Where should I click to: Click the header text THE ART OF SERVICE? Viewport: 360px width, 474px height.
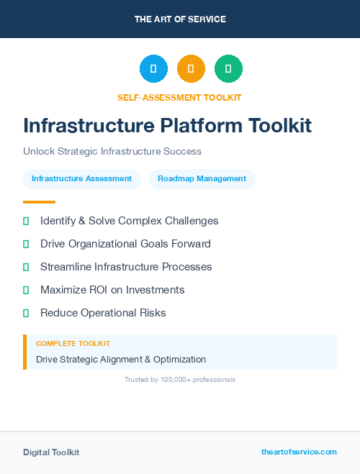pyautogui.click(x=180, y=19)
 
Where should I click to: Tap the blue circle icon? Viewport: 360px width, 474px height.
pyautogui.click(x=153, y=69)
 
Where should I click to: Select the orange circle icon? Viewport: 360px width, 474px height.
pyautogui.click(x=191, y=69)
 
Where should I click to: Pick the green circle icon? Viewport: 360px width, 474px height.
pyautogui.click(x=228, y=69)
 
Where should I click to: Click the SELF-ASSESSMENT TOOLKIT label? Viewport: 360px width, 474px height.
pyautogui.click(x=179, y=97)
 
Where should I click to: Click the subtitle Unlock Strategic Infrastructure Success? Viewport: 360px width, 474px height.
pyautogui.click(x=112, y=152)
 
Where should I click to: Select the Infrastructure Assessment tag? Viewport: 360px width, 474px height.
pyautogui.click(x=81, y=179)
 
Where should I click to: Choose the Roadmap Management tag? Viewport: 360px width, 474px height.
pyautogui.click(x=202, y=179)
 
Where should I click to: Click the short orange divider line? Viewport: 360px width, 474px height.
pyautogui.click(x=39, y=202)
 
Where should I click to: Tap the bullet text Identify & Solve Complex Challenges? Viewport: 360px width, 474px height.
pyautogui.click(x=129, y=221)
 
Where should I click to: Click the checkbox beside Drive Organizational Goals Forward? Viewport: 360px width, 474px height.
pyautogui.click(x=26, y=244)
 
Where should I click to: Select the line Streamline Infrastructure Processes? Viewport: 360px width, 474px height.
pyautogui.click(x=126, y=267)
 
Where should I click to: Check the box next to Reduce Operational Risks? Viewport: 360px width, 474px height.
pyautogui.click(x=26, y=313)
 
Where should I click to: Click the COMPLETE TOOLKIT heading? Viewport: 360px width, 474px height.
pyautogui.click(x=73, y=344)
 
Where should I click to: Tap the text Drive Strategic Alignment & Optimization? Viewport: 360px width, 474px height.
pyautogui.click(x=121, y=360)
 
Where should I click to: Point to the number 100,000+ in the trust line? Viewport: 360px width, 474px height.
pyautogui.click(x=168, y=379)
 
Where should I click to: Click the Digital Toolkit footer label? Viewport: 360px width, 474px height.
pyautogui.click(x=51, y=452)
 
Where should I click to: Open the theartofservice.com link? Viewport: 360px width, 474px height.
pyautogui.click(x=299, y=452)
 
